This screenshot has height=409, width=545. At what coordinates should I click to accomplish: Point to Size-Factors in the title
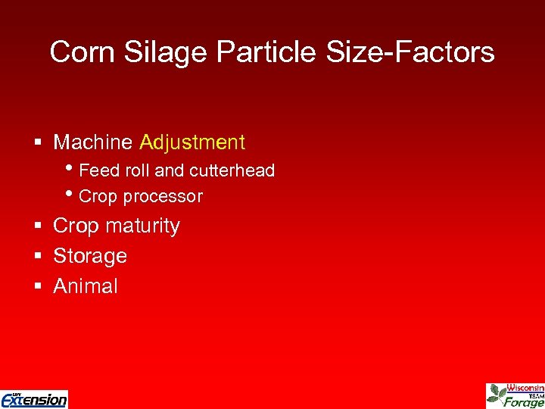point(408,52)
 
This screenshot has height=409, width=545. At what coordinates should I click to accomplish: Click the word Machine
point(94,142)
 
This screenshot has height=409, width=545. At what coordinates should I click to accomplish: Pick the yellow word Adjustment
point(192,142)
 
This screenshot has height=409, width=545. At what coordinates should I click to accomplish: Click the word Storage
point(90,256)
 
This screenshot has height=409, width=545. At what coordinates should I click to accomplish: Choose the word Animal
point(86,286)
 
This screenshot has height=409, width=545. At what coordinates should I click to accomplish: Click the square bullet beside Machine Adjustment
point(37,143)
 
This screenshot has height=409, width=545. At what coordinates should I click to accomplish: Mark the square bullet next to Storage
point(37,257)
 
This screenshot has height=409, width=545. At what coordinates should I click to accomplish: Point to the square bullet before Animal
point(37,287)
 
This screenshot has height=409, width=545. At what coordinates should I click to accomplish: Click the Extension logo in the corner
point(34,398)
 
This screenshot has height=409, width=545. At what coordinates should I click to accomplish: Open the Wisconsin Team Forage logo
point(515,395)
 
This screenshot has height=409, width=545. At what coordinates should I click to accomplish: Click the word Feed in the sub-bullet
point(95,170)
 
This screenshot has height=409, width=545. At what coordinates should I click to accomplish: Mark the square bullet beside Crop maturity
point(37,226)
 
